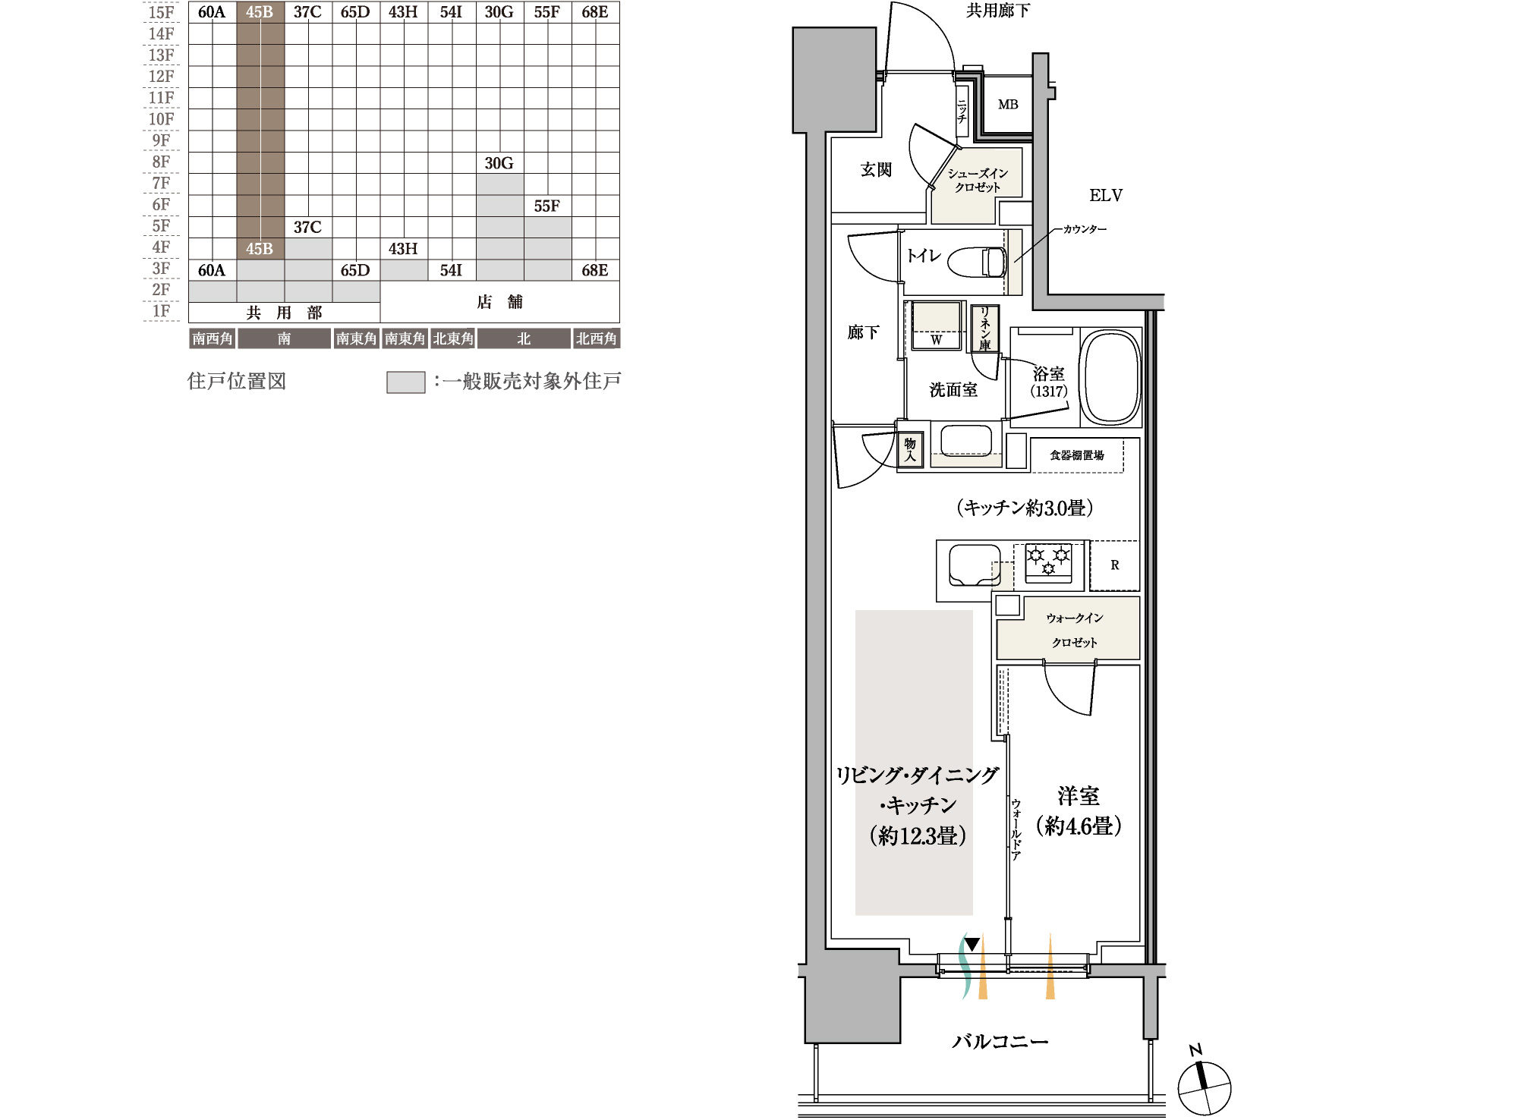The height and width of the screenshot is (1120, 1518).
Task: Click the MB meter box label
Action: tap(1008, 105)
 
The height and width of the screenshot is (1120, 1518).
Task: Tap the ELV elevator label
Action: tap(1105, 196)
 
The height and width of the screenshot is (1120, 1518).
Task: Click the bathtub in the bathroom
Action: tap(1110, 376)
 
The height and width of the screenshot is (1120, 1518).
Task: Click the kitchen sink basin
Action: tap(975, 565)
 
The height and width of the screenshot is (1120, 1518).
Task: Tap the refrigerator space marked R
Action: tap(1114, 565)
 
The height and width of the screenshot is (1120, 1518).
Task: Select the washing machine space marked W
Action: tap(936, 326)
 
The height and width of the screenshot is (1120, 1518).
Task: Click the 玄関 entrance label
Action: tap(876, 169)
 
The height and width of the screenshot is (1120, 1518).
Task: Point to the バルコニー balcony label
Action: tap(1000, 1041)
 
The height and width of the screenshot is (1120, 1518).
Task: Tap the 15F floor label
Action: tap(161, 12)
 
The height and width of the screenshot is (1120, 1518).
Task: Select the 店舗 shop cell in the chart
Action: tap(499, 302)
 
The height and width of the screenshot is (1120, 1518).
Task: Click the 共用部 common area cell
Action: tap(284, 313)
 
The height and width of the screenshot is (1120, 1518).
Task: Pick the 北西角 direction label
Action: tap(596, 338)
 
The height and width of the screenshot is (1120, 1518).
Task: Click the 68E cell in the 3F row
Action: tap(595, 270)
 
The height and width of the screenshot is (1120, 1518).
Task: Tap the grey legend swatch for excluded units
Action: tap(406, 382)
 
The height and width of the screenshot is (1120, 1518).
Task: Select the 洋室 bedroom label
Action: tap(1079, 796)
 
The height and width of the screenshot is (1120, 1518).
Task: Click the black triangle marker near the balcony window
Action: tap(972, 945)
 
